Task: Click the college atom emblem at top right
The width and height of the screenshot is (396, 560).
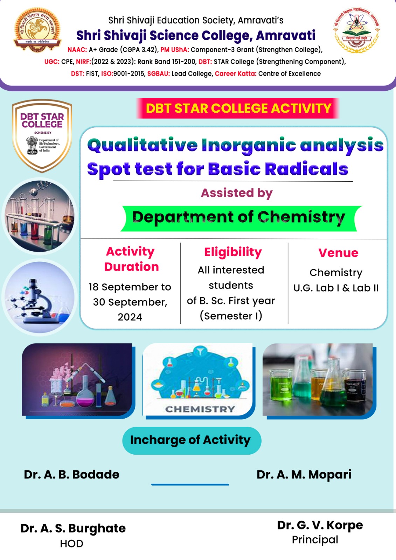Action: coord(356,30)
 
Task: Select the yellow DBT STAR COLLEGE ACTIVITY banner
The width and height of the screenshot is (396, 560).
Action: coord(238,108)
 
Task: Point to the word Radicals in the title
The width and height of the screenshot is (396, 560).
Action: coord(306,169)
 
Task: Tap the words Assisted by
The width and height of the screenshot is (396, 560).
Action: coord(236,193)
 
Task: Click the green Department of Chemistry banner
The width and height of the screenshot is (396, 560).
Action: coord(239,218)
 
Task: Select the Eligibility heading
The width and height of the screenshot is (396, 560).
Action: coord(233,252)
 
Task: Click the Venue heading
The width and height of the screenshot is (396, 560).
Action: coord(338,253)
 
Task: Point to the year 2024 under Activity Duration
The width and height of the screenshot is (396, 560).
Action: coord(130,317)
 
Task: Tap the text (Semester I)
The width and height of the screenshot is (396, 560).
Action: coord(231,316)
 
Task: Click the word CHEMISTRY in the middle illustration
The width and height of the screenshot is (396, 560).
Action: coord(200,409)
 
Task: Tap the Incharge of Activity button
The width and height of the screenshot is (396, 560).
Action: coord(191,440)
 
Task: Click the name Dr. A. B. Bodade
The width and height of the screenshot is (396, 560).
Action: coord(71,474)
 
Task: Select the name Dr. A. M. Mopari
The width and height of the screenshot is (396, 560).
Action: coord(304,474)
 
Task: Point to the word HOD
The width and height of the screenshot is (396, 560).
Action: coord(71,544)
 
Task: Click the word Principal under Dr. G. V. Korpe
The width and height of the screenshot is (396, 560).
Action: coord(315,540)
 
